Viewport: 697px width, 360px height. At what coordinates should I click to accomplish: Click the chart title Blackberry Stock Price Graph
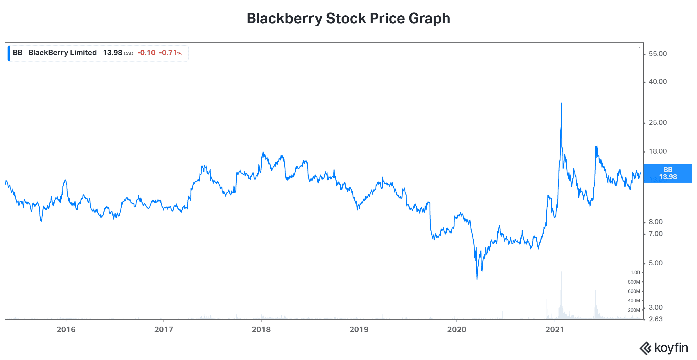pos(348,19)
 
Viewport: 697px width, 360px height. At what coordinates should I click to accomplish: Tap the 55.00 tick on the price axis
pos(658,54)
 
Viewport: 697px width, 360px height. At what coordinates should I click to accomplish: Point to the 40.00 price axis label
pos(658,82)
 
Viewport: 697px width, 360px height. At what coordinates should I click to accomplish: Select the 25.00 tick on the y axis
pos(658,123)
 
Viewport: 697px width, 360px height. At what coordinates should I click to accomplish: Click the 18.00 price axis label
pos(658,151)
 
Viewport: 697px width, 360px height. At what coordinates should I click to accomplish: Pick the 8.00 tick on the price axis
pos(655,222)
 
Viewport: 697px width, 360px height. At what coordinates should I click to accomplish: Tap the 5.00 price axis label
pos(655,263)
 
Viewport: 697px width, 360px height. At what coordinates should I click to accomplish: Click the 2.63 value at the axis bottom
pos(655,319)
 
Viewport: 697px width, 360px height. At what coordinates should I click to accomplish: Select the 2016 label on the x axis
pos(66,330)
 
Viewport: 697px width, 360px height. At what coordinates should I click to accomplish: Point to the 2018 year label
pos(261,330)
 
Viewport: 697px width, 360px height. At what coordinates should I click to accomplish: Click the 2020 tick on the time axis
pos(457,330)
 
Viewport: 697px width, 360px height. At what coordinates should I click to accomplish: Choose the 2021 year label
pos(554,330)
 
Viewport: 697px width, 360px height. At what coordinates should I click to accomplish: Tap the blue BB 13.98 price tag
pos(668,173)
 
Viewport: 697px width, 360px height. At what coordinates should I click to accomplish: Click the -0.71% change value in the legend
pos(170,53)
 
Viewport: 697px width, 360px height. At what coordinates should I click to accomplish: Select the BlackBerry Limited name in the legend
pos(62,53)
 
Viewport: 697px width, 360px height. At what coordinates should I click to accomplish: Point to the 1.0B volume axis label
pos(635,272)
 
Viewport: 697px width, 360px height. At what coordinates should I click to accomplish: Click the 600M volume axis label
pos(634,291)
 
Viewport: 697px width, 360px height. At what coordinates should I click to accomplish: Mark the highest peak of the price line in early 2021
pos(561,103)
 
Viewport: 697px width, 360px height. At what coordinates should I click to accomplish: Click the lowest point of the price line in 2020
pos(477,279)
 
